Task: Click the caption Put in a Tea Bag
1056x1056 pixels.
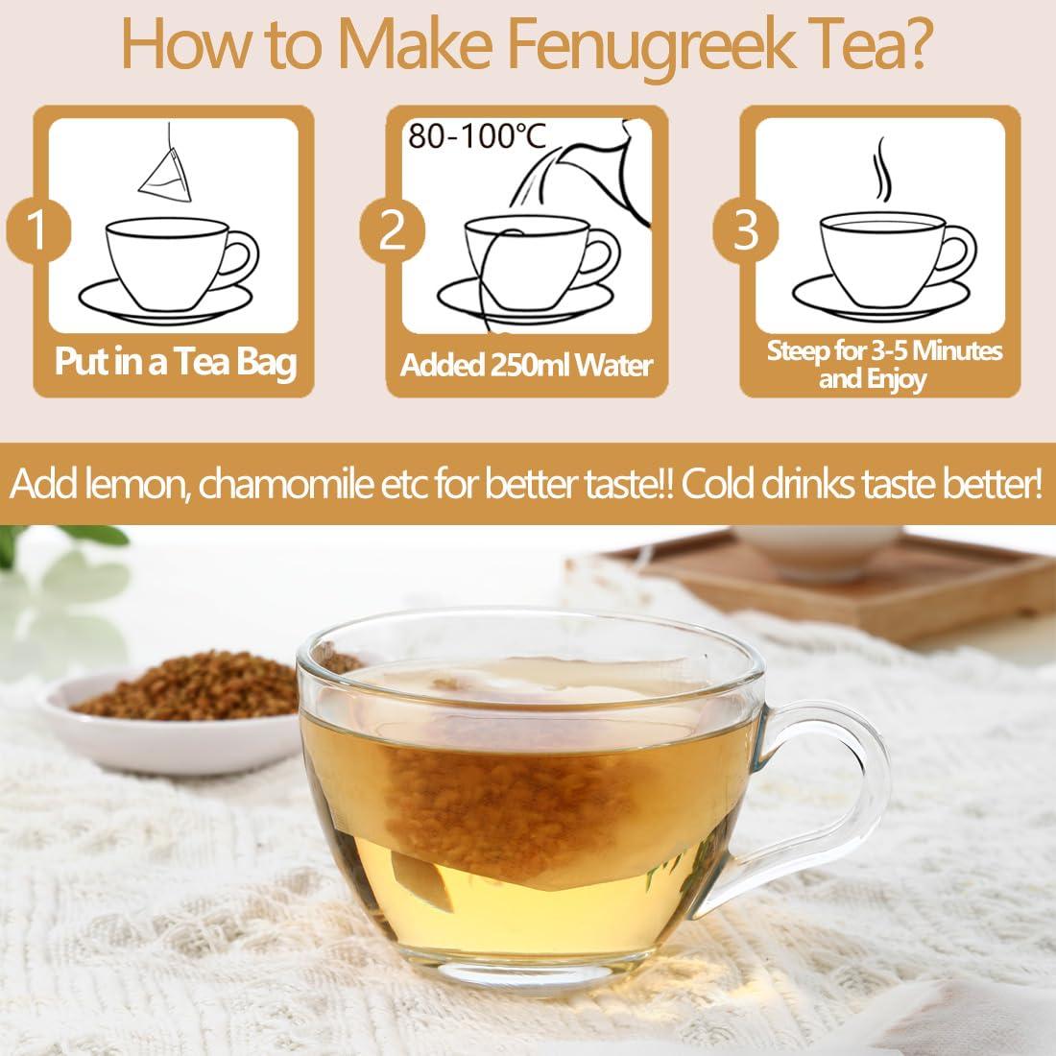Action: (x=175, y=364)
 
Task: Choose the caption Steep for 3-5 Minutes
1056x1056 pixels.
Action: (x=884, y=351)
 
